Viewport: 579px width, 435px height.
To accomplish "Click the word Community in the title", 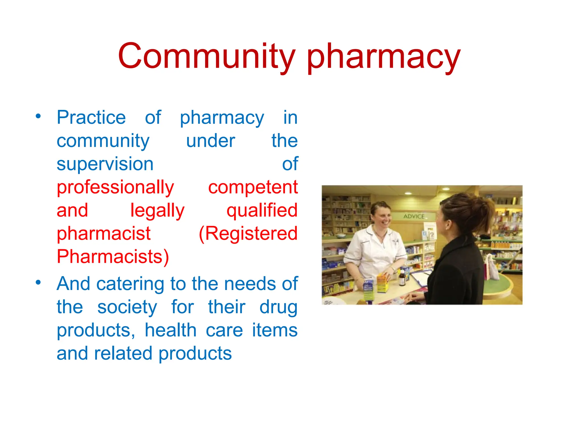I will pyautogui.click(x=206, y=56).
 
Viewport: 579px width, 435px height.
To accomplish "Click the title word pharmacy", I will pyautogui.click(x=384, y=57).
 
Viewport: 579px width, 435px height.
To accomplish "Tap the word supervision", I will pyautogui.click(x=105, y=164).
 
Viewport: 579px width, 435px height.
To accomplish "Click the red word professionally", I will pyautogui.click(x=115, y=187).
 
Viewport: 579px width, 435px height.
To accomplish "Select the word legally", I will pyautogui.click(x=157, y=211).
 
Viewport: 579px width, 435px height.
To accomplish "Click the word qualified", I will pyautogui.click(x=262, y=210).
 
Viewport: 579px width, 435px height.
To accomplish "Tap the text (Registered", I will pyautogui.click(x=248, y=234).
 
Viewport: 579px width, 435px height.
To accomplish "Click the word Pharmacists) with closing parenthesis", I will pyautogui.click(x=113, y=257).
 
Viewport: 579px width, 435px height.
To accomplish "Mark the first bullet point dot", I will pyautogui.click(x=38, y=116).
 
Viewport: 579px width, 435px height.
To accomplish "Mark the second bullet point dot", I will pyautogui.click(x=38, y=282).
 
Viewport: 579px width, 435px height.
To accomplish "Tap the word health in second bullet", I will pyautogui.click(x=170, y=330).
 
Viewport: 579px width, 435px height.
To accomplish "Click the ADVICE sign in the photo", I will pyautogui.click(x=414, y=216).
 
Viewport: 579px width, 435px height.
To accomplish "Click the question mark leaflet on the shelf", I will pyautogui.click(x=431, y=235).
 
